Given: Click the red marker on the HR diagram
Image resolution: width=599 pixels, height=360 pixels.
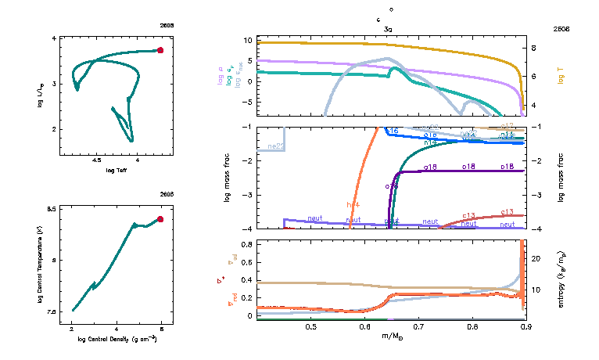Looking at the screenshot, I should [x=160, y=50].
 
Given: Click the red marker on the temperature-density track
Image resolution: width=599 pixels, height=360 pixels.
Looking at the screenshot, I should [x=160, y=219].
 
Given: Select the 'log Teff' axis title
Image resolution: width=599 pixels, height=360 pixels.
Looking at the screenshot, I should [x=117, y=171].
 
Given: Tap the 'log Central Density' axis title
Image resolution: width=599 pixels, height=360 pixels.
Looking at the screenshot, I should [x=117, y=340].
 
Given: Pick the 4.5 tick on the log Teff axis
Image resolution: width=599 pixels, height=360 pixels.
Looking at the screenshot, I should [x=97, y=160].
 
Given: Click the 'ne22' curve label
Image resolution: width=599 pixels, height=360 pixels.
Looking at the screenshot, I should [x=275, y=146].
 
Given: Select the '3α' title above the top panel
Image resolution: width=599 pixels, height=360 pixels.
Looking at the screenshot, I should [x=388, y=29].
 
